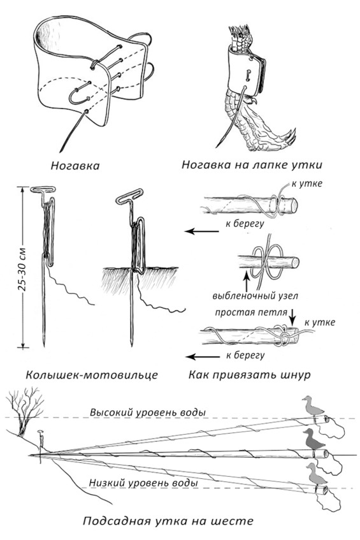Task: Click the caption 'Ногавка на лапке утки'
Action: click(252, 164)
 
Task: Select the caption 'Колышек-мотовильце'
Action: click(92, 375)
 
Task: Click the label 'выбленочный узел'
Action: click(255, 296)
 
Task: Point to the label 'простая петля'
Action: click(251, 312)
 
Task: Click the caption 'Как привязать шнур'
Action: click(250, 375)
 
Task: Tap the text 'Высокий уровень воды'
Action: click(148, 412)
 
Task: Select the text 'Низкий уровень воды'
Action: click(143, 483)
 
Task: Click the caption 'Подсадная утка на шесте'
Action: click(168, 521)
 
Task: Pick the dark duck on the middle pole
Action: click(313, 439)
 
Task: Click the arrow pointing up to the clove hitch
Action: click(247, 280)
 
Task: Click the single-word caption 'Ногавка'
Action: click(75, 166)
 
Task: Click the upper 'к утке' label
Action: click(307, 183)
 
